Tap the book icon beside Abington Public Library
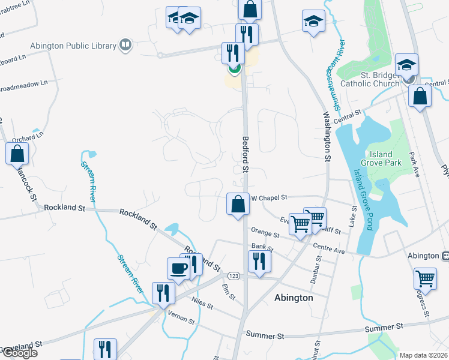125,44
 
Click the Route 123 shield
234,275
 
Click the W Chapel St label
270,197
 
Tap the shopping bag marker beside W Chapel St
238,204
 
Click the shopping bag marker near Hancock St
17,154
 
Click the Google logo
19,353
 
